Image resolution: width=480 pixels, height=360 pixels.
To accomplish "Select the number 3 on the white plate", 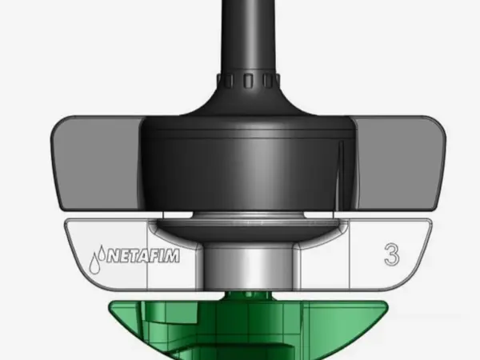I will point(391,256).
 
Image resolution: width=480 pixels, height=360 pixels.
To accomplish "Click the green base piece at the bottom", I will point(240,328).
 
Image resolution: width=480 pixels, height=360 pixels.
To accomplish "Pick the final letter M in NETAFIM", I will point(172,257).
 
